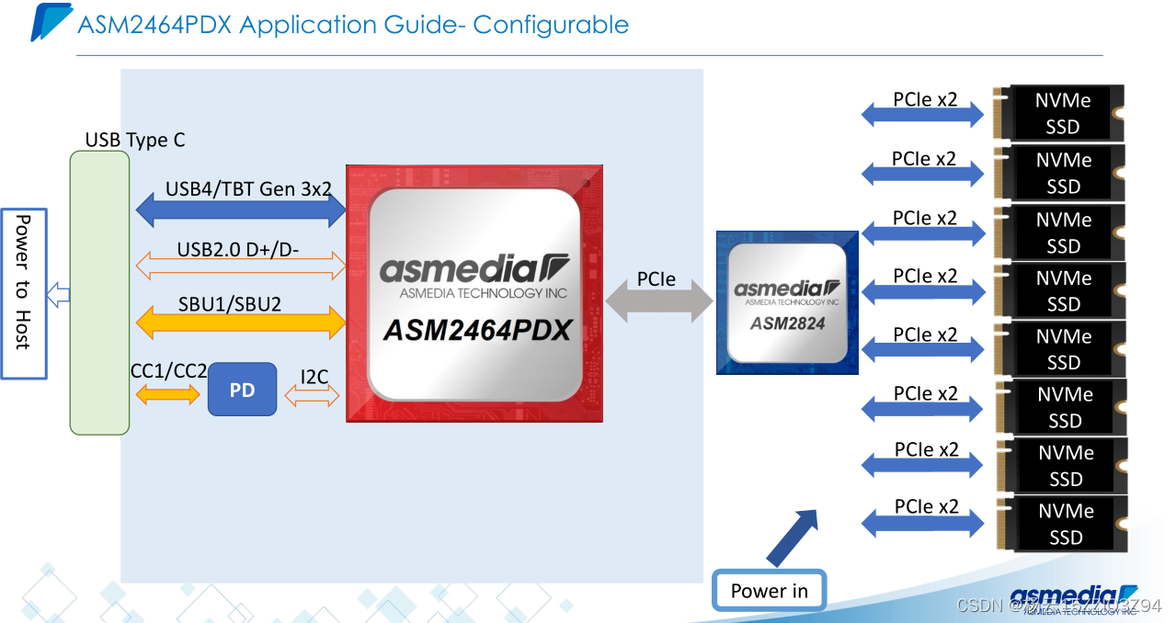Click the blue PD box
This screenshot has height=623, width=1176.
point(242,390)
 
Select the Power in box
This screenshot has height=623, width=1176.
point(769,591)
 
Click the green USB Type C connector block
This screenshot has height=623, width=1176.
point(99,292)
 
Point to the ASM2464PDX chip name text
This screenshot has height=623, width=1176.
point(477,330)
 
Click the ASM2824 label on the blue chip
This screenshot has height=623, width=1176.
point(787,323)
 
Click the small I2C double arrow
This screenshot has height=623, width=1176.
point(313,396)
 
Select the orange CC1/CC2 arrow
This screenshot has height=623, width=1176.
point(167,394)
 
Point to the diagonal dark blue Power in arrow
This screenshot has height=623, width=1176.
point(793,538)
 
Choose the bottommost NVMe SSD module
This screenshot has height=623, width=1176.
point(1062,524)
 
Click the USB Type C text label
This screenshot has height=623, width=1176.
point(135,140)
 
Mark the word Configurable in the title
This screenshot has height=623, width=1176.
point(551,24)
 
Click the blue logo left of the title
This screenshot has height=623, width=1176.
point(51,22)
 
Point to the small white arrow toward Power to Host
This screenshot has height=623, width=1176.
point(58,295)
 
